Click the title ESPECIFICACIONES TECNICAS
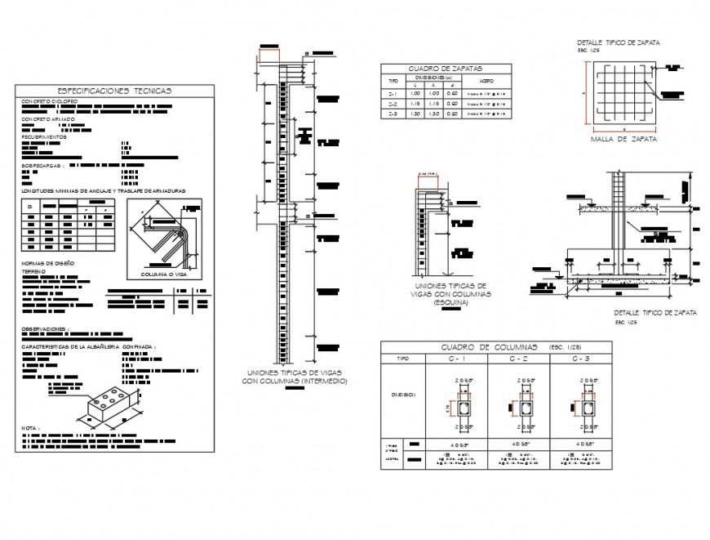114,91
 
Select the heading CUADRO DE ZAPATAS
446,69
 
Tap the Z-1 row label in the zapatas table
393,94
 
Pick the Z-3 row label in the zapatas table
393,114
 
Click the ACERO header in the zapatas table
486,82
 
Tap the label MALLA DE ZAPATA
623,139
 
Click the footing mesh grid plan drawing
623,97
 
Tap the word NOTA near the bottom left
30,427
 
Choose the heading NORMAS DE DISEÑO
48,263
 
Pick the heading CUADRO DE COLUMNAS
487,346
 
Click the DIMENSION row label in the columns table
403,395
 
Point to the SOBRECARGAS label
42,165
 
